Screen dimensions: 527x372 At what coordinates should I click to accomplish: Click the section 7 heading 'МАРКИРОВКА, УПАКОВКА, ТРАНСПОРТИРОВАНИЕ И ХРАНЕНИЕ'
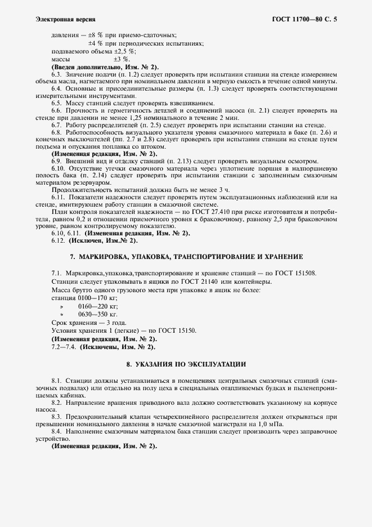pyautogui.click(x=186, y=257)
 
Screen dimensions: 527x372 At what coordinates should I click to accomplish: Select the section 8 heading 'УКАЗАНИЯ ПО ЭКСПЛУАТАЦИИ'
pyautogui.click(x=186, y=364)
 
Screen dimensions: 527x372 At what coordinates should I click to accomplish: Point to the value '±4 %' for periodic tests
pyautogui.click(x=97, y=43)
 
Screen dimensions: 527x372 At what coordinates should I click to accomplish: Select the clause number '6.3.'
pyautogui.click(x=57, y=74)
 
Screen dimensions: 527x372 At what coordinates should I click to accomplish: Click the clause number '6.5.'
pyautogui.click(x=57, y=103)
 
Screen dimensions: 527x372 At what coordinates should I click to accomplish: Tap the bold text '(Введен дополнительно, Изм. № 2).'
pyautogui.click(x=96, y=66)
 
